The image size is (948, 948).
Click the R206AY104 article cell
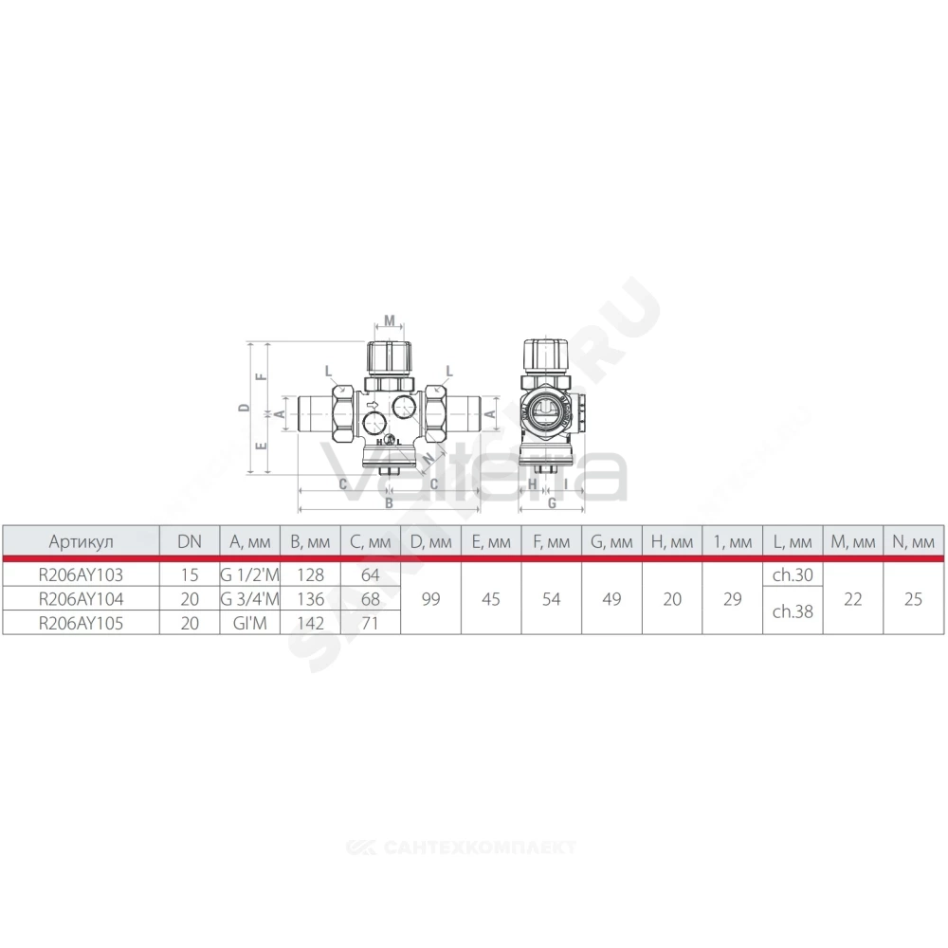tap(81, 598)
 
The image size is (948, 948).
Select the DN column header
tap(190, 541)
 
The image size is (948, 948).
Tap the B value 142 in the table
tap(310, 623)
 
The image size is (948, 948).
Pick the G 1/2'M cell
tap(249, 574)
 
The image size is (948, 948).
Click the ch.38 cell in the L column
tap(793, 611)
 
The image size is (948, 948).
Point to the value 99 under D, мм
tap(430, 598)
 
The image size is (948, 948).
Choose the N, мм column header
tap(913, 541)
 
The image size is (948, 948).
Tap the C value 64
tap(370, 574)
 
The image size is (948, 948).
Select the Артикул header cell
tap(81, 541)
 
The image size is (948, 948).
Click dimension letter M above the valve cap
tap(390, 320)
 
